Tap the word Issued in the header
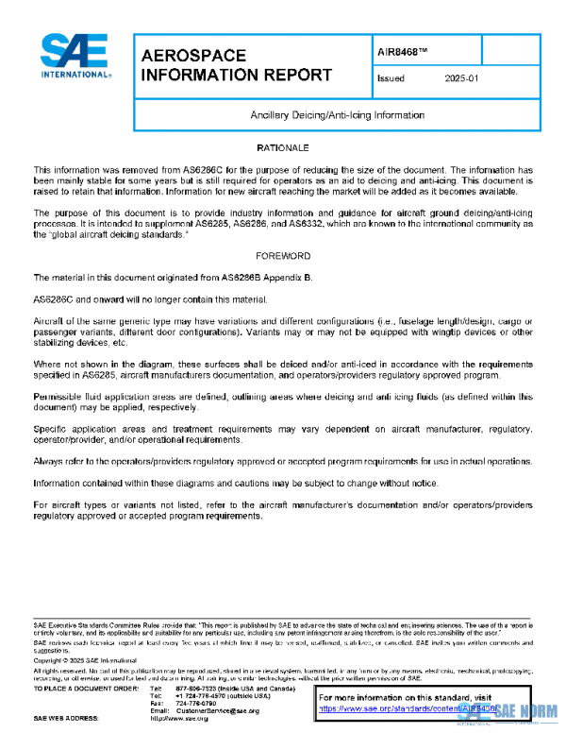391,79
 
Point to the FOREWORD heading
283,256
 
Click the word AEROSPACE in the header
193,57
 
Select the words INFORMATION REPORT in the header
236,75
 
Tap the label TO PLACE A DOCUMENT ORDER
87,688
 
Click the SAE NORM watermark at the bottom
524,708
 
